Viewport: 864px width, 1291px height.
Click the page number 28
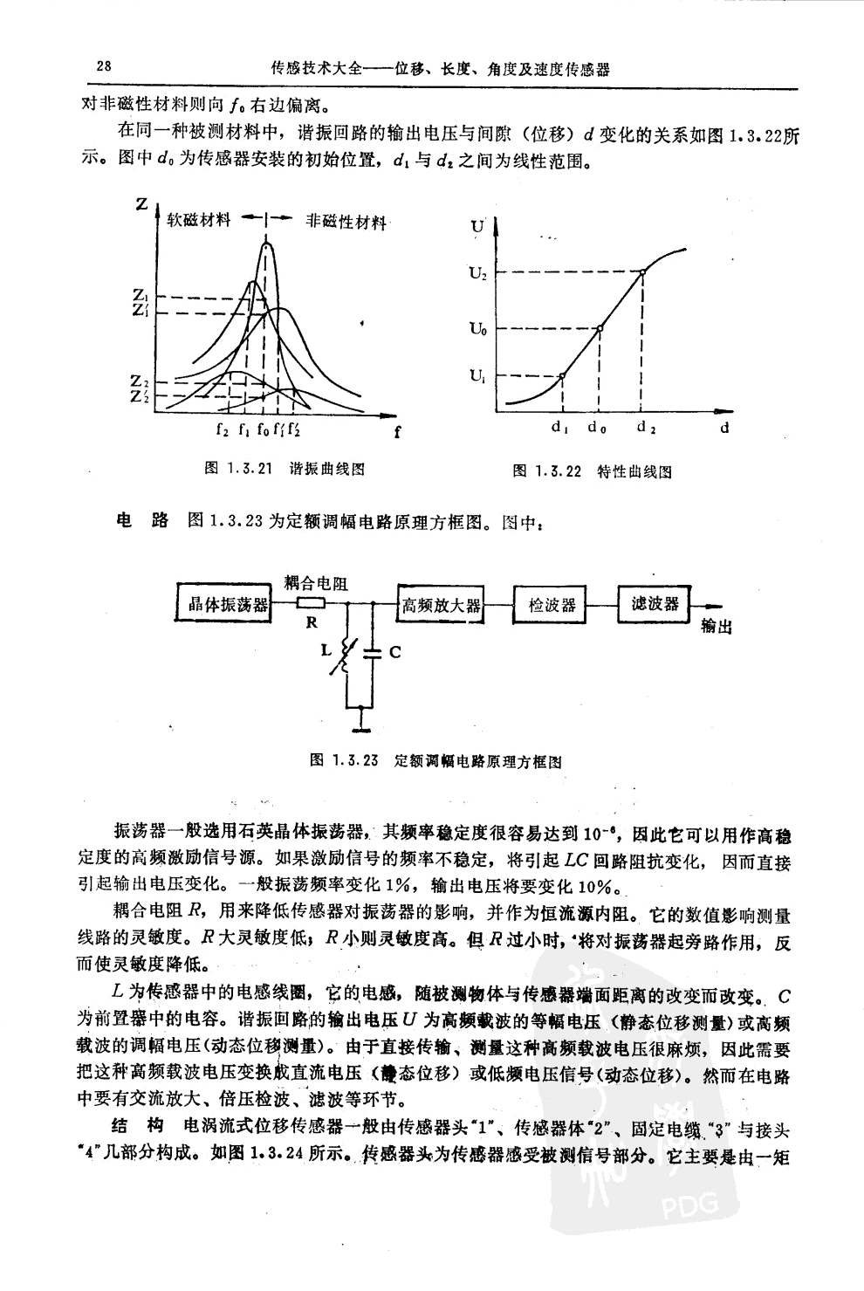(x=102, y=66)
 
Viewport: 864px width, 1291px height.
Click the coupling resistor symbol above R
(x=311, y=603)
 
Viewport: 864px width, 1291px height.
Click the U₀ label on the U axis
(x=477, y=329)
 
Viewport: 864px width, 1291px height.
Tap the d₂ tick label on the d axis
(x=646, y=429)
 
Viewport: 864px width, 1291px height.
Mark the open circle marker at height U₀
(x=600, y=328)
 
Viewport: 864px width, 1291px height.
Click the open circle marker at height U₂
(x=642, y=272)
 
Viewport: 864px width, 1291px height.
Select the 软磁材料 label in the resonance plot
(x=199, y=220)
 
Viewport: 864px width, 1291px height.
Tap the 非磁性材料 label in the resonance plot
(x=346, y=222)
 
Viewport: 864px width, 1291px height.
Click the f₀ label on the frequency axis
(x=262, y=429)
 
